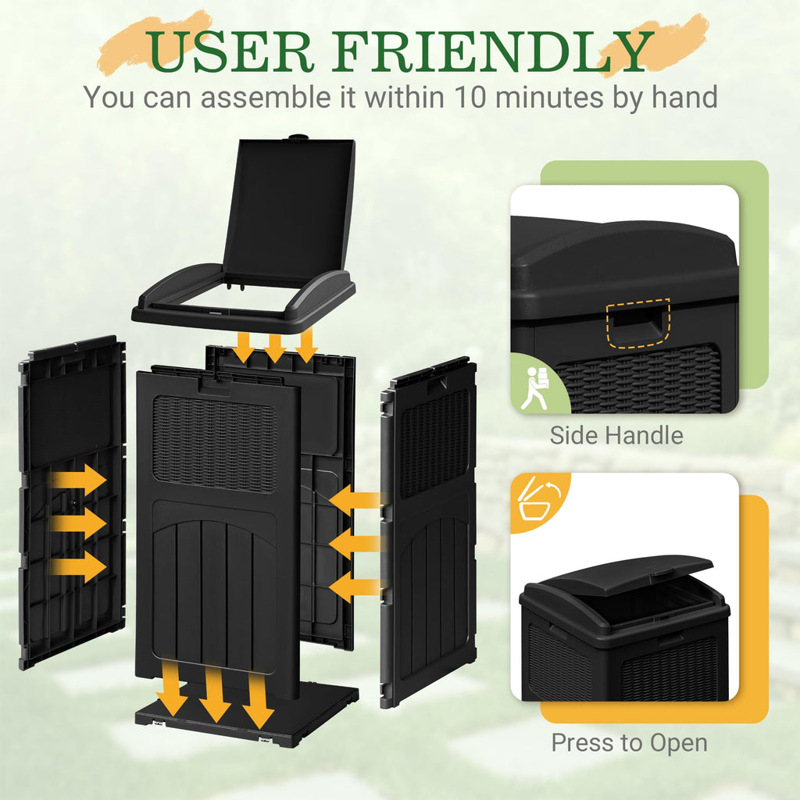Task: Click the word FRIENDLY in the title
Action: pos(493,52)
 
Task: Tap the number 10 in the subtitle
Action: pos(470,97)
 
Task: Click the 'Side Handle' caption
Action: pos(616,435)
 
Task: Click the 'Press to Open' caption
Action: pos(629,743)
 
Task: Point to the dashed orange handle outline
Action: pos(637,323)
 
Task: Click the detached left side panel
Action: pos(72,502)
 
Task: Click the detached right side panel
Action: pos(429,530)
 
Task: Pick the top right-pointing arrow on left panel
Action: pos(77,480)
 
